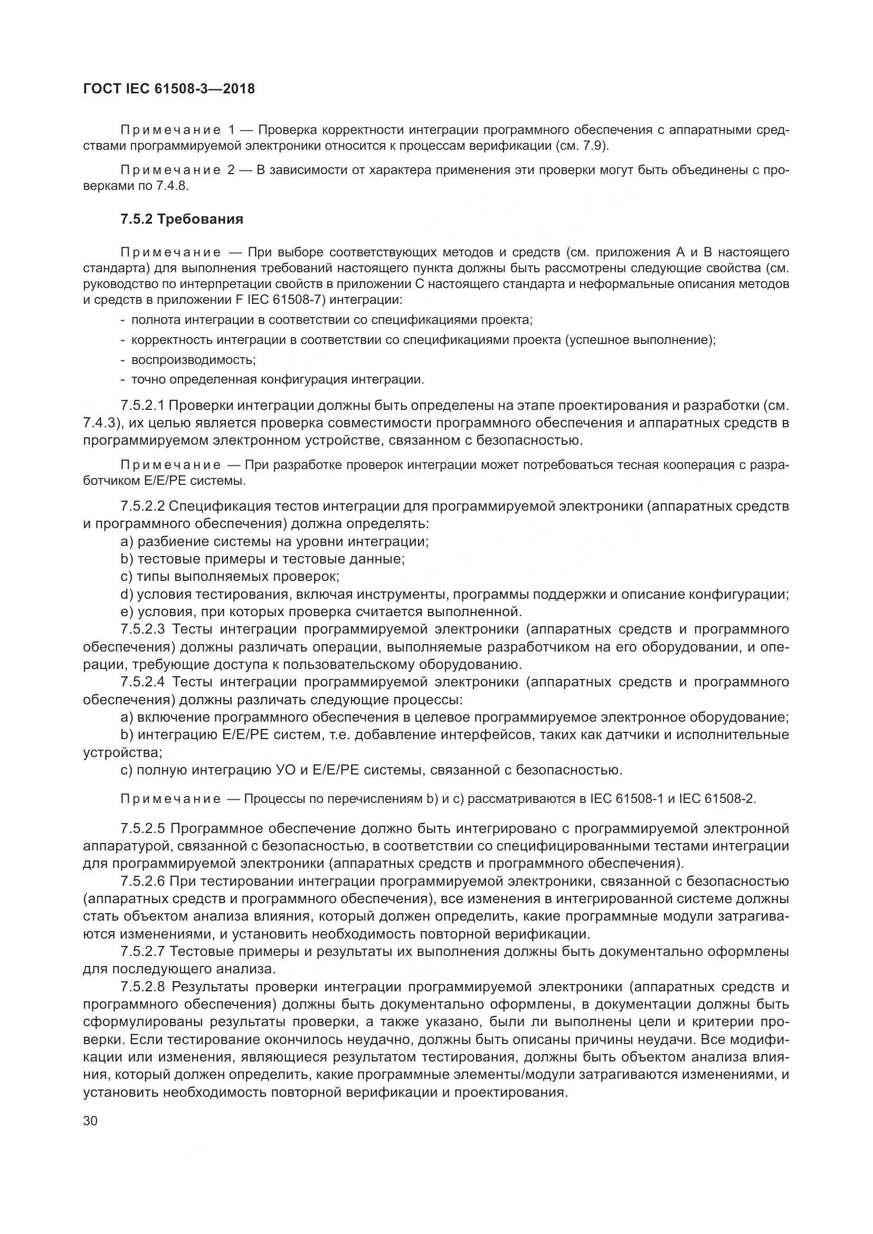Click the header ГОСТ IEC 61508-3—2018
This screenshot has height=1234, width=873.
[x=169, y=89]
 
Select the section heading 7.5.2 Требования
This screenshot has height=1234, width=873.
[x=182, y=219]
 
